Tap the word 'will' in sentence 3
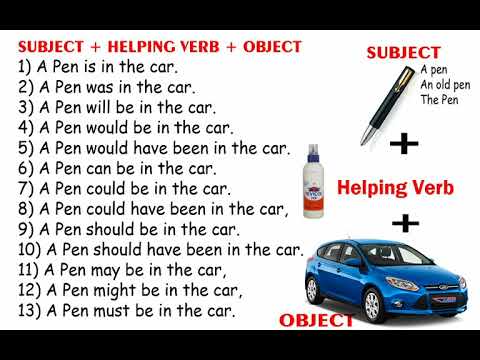[98, 108]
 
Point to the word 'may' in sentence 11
[106, 271]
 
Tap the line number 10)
[29, 250]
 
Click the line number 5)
[26, 149]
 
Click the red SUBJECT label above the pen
[404, 53]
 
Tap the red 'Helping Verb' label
[395, 188]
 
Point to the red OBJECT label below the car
[316, 320]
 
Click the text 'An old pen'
[445, 85]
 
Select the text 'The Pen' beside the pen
[439, 100]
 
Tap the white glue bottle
[313, 181]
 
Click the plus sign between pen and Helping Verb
[404, 144]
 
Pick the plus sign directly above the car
[405, 223]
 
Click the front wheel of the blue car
[372, 304]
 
